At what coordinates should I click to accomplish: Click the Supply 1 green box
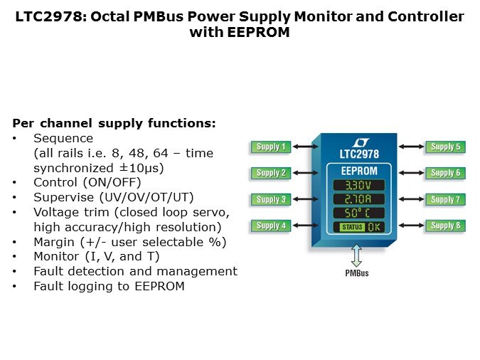(x=268, y=147)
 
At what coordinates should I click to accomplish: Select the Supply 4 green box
(x=268, y=226)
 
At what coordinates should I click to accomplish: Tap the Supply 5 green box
(x=445, y=147)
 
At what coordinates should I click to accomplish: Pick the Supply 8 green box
(x=445, y=226)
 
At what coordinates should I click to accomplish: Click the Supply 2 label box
(x=268, y=173)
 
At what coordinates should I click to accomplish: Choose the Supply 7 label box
(x=445, y=200)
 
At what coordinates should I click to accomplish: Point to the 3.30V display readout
(x=359, y=186)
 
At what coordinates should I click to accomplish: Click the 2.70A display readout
(x=359, y=199)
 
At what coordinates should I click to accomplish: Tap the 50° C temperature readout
(x=359, y=213)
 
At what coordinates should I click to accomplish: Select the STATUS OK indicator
(x=359, y=227)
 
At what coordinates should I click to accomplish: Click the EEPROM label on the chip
(x=359, y=171)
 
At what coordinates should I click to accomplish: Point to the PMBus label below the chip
(x=357, y=272)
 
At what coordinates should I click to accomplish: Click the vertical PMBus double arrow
(x=357, y=255)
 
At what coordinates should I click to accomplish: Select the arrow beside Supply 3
(x=304, y=200)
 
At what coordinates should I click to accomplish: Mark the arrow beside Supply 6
(x=412, y=173)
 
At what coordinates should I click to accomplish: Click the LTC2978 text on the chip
(x=359, y=154)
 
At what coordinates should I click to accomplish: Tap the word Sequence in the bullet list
(x=63, y=138)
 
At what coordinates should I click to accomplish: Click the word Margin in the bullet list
(x=54, y=242)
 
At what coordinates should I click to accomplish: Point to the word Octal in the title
(x=130, y=16)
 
